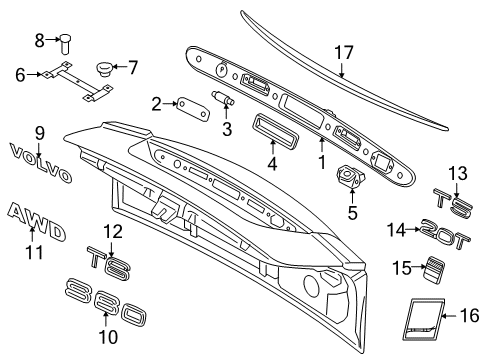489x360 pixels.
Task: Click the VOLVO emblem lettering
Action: (x=40, y=163)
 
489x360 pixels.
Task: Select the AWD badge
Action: (x=36, y=220)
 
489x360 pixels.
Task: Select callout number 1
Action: (x=321, y=158)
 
